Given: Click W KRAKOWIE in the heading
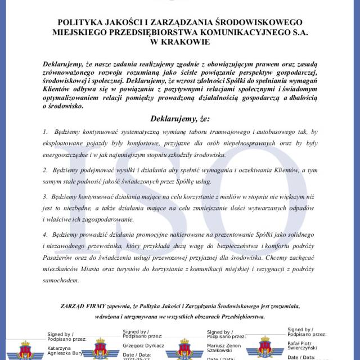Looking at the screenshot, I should tap(180, 41).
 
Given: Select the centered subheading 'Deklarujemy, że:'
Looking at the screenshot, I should tap(180, 119).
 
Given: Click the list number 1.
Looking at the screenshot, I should tap(45, 131).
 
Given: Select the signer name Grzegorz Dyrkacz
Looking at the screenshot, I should tap(143, 345).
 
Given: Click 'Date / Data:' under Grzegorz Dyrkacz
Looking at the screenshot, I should tap(137, 355).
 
